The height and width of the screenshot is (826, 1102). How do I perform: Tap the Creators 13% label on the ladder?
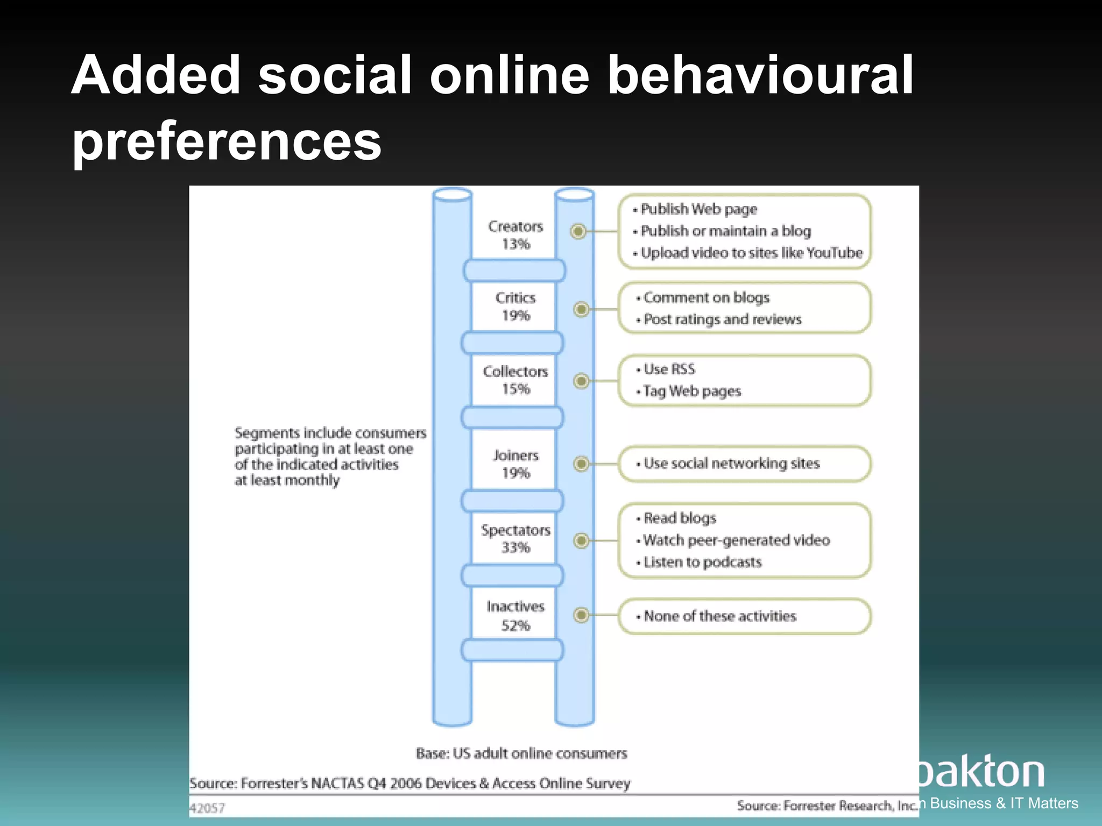click(515, 235)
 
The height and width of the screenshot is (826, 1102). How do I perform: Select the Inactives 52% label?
click(515, 616)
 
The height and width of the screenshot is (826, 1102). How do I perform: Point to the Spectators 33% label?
click(515, 538)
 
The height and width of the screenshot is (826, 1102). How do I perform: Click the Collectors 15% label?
click(515, 380)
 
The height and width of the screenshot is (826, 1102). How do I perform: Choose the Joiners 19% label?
click(515, 464)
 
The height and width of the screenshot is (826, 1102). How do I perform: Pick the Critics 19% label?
click(515, 306)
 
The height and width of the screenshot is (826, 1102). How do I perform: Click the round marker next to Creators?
click(578, 231)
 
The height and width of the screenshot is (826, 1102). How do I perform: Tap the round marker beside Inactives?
click(581, 615)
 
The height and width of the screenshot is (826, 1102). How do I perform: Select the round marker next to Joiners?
click(581, 464)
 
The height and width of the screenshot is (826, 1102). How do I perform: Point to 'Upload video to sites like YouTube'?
click(751, 253)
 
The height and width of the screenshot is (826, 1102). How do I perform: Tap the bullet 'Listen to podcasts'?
click(702, 562)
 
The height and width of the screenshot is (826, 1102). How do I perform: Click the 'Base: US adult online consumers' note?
click(521, 753)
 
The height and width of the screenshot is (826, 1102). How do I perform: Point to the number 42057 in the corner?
click(208, 808)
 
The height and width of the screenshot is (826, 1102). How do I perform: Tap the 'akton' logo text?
click(982, 772)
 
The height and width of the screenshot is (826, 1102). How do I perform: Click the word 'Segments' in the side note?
click(266, 433)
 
